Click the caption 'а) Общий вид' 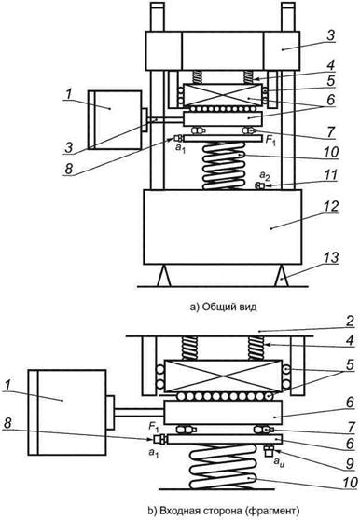[x=223, y=307]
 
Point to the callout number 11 [x=330, y=175]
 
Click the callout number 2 [x=350, y=321]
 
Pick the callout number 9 [x=350, y=463]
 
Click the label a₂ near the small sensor [x=264, y=175]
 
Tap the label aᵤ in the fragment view [x=280, y=463]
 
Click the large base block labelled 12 [x=223, y=226]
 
